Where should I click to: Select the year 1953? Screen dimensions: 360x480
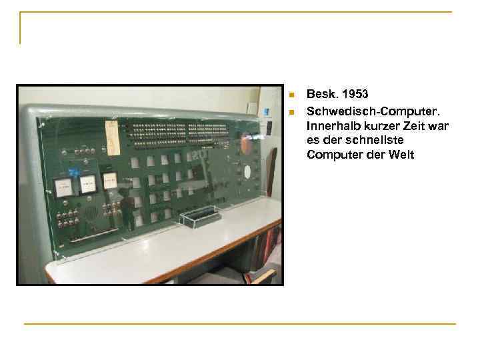[x=354, y=94]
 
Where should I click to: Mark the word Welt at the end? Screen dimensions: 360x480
[x=400, y=155]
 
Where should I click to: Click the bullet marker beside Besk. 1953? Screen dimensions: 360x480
[x=291, y=94]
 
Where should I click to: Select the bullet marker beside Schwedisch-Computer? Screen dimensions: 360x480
[x=291, y=109]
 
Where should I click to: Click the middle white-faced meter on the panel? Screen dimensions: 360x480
[x=87, y=183]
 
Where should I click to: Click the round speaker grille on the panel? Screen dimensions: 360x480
[x=90, y=213]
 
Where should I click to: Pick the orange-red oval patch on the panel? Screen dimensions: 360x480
[x=246, y=145]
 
